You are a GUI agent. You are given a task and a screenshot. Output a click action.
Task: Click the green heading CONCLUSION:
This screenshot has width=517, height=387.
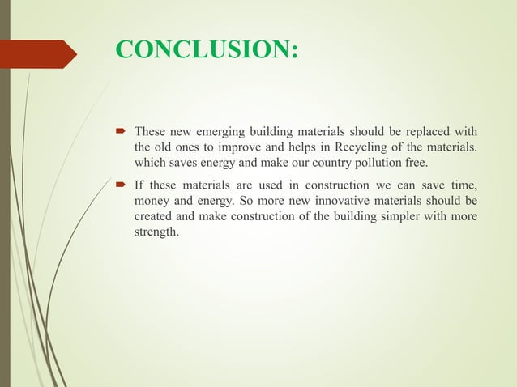pos(207,50)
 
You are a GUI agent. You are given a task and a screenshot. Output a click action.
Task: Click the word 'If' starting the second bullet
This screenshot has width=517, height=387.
pos(139,185)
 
